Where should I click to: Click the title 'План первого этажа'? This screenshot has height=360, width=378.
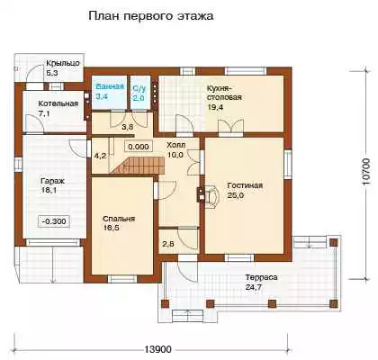point(151,16)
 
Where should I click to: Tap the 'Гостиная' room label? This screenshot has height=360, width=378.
point(245,185)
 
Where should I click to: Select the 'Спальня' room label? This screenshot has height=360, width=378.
point(119,219)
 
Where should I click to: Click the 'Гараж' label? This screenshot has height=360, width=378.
point(52,181)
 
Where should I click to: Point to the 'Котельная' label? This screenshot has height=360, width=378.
point(58,103)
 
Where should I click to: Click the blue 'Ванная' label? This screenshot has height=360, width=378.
point(110,86)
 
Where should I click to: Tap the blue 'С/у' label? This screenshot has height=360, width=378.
point(139,88)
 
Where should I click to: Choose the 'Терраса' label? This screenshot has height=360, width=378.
point(261,277)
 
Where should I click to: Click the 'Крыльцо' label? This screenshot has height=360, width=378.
point(63,63)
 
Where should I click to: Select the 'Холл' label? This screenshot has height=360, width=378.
point(176,145)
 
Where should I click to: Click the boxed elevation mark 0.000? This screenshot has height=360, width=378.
point(139,147)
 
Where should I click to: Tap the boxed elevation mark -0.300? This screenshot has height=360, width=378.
point(54,221)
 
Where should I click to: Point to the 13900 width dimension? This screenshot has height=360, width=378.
point(158,349)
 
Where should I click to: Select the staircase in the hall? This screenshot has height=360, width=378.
point(139,166)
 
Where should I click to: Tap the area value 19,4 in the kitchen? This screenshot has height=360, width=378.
point(214,107)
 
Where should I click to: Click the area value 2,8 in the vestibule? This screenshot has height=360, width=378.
point(168,244)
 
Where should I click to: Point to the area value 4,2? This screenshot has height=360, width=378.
point(99,156)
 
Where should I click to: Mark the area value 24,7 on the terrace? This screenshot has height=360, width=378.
point(254,287)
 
